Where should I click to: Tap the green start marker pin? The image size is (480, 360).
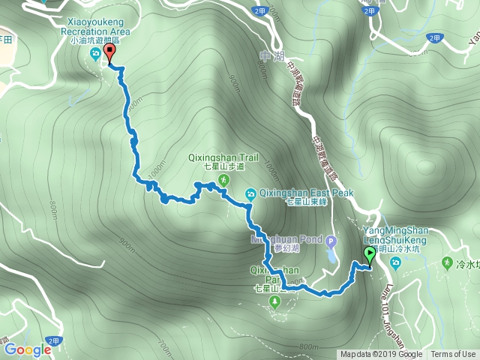pos(369,255)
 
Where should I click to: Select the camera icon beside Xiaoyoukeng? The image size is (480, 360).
pos(95,54)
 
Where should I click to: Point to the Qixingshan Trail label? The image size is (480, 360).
pos(223,157)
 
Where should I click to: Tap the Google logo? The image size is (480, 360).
pos(28,349)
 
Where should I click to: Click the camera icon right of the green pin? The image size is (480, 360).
pos(396,263)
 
